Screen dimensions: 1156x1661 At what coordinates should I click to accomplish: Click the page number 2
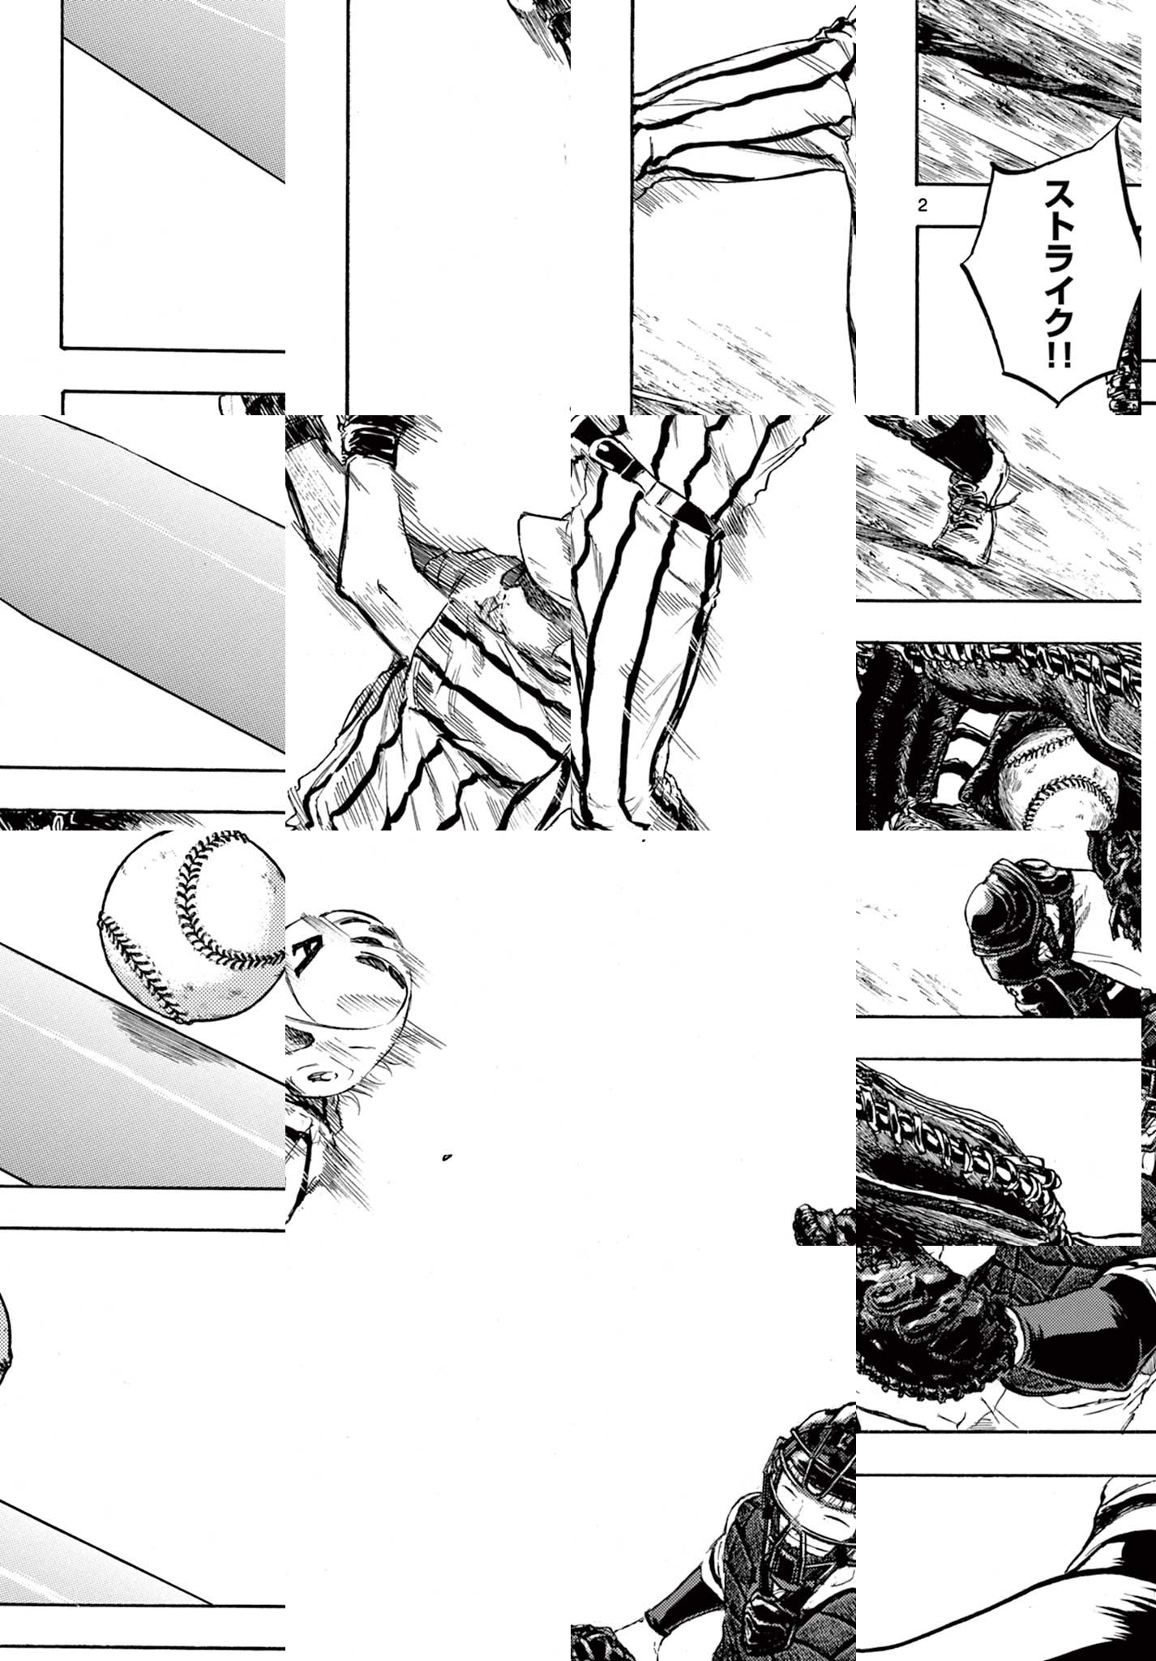click(923, 204)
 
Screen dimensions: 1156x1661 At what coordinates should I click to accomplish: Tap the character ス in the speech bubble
click(1058, 195)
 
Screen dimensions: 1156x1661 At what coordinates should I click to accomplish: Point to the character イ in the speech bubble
click(1058, 282)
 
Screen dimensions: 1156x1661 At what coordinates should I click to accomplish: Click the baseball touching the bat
click(193, 924)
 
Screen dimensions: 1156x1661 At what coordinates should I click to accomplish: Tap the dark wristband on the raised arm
click(370, 439)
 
